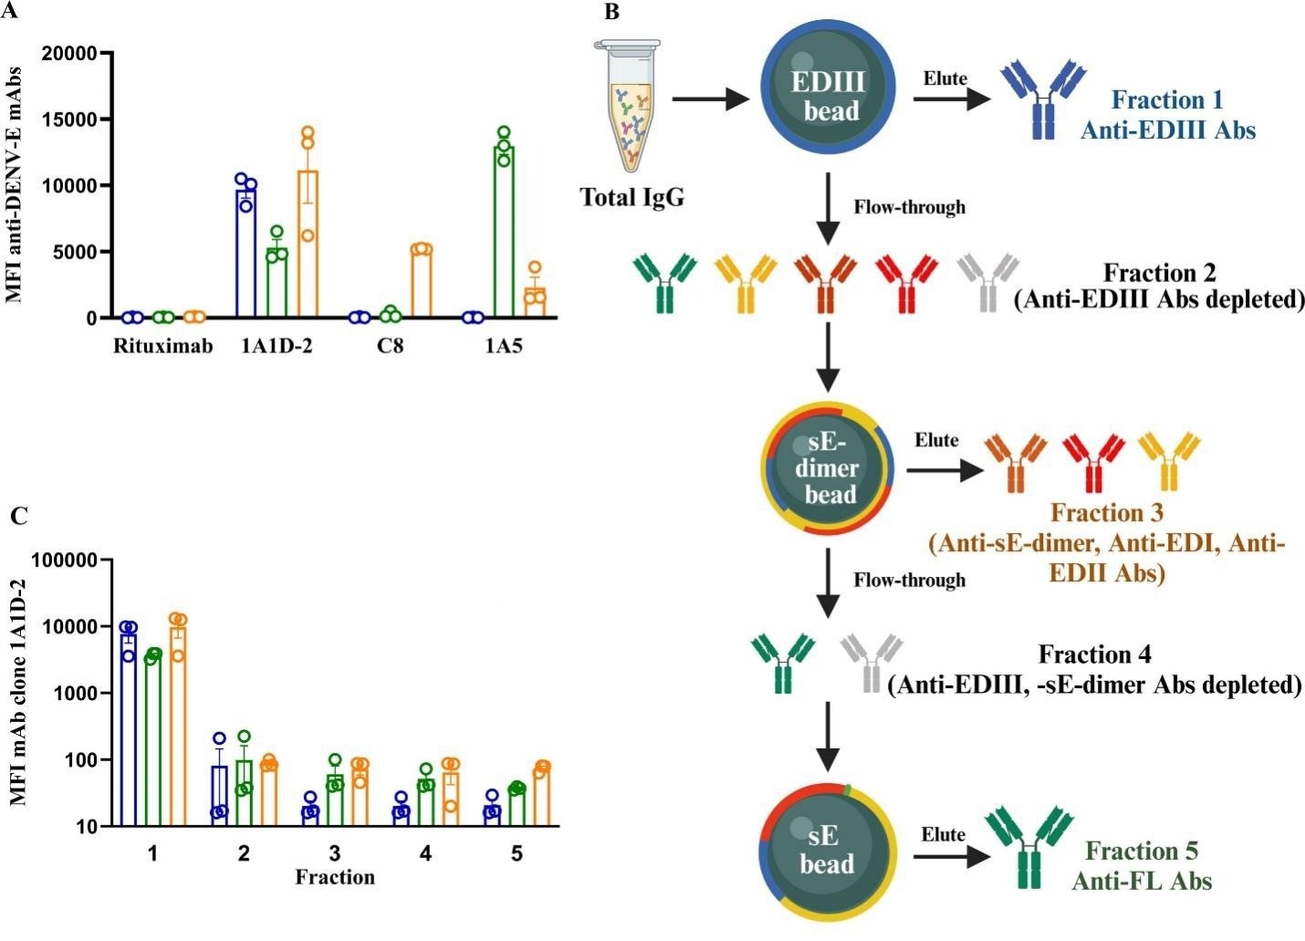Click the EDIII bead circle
pos(827,97)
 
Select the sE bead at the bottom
pos(826,850)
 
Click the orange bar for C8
pos(422,283)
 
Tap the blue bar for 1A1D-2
pos(245,253)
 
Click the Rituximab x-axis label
pos(163,347)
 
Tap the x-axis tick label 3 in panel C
pos(335,853)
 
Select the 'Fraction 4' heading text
pos(1094,654)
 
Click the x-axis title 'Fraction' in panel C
pos(335,877)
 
